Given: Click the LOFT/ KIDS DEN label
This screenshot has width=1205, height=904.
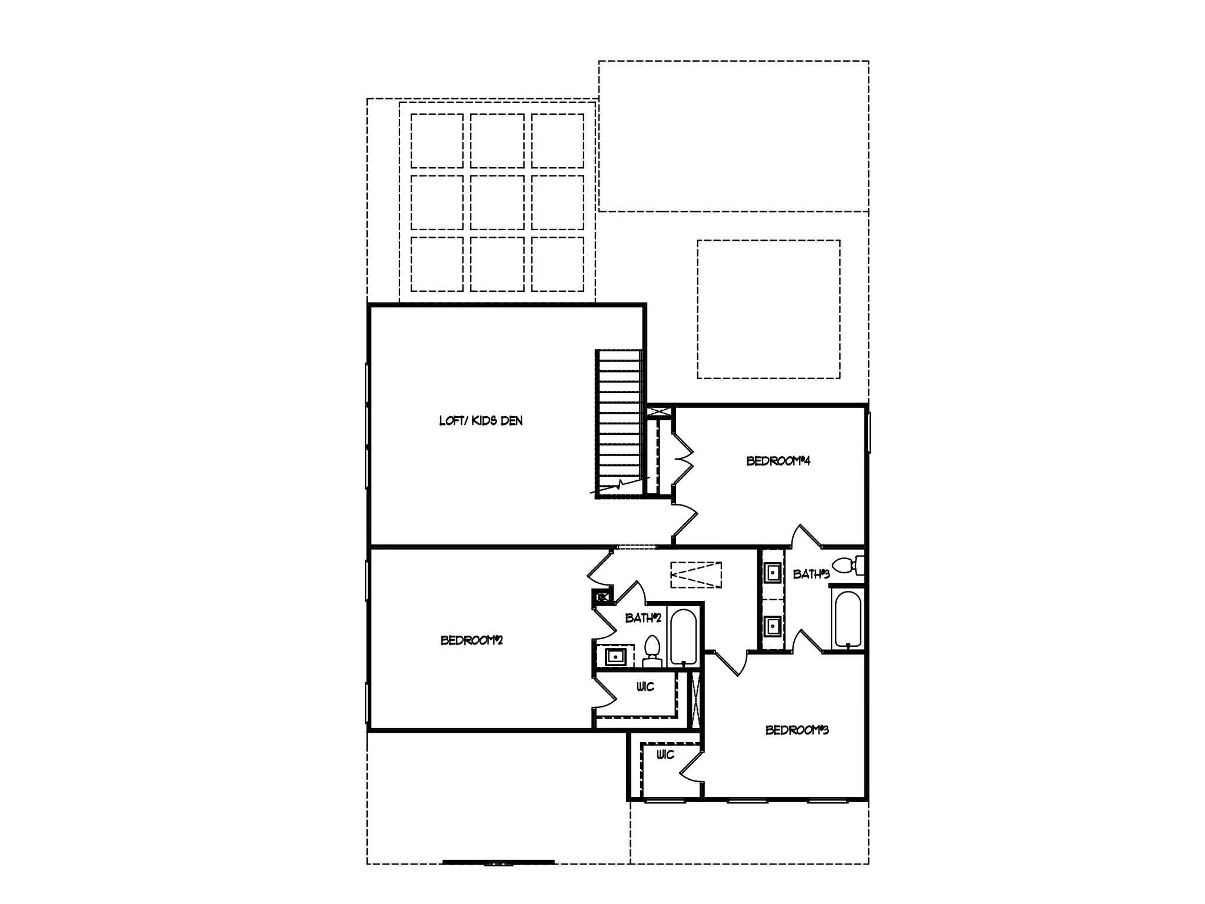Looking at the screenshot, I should click(481, 421).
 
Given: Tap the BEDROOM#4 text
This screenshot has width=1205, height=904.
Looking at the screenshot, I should click(778, 461).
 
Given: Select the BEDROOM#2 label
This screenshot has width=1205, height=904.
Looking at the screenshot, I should click(471, 640).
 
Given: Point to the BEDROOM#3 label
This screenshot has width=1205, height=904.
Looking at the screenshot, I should click(797, 730).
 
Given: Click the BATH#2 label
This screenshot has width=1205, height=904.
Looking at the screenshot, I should click(643, 619).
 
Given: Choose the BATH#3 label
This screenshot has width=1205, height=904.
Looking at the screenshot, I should click(811, 574).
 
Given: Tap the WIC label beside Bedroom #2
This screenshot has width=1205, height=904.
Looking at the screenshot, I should click(645, 687).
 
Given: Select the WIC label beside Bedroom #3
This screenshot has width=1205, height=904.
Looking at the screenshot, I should click(665, 755).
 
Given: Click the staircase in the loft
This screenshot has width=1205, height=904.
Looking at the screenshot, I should click(619, 424).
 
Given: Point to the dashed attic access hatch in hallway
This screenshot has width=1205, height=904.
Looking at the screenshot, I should click(696, 574).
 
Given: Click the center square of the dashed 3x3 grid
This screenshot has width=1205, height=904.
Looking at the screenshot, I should click(497, 202).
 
